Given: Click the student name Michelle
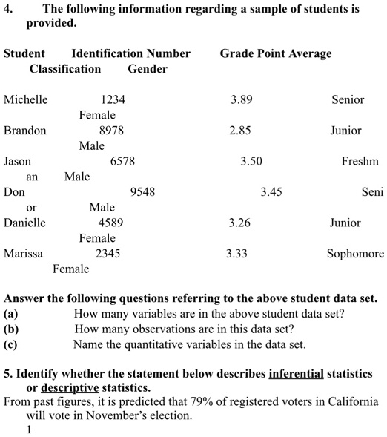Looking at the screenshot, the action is coord(25,99).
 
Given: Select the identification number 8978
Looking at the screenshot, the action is coord(111,131).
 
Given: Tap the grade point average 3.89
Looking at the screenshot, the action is coord(241,99).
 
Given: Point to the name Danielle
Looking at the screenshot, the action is coord(24,223).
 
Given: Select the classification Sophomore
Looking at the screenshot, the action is coord(355,254).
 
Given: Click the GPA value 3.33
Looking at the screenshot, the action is coord(236,254).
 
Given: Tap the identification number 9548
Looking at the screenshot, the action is coord(142,192).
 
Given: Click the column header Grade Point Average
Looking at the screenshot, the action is coord(276,53).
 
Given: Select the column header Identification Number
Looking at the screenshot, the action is coord(130,53).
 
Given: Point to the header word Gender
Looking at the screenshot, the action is coord(148,69).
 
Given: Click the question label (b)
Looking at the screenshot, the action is coord(10,329).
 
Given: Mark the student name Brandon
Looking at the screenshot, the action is coord(24,131).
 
